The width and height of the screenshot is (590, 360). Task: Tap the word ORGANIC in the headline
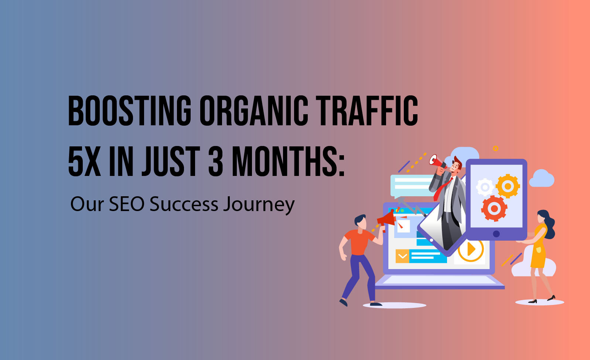point(254,111)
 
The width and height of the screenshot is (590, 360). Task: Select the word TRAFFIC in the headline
point(366,111)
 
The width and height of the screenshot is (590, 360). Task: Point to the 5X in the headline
point(84,162)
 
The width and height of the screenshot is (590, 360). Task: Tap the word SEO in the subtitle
point(127,204)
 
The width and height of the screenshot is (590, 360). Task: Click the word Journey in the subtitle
point(259,205)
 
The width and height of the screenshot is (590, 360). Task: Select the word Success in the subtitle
point(184,204)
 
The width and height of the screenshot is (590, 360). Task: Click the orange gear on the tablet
point(508,186)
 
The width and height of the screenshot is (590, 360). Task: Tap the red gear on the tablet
point(494,208)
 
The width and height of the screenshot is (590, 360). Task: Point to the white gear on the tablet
point(485,187)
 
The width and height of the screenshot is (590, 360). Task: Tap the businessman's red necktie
point(443,189)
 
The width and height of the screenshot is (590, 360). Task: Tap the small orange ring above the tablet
point(495,148)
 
